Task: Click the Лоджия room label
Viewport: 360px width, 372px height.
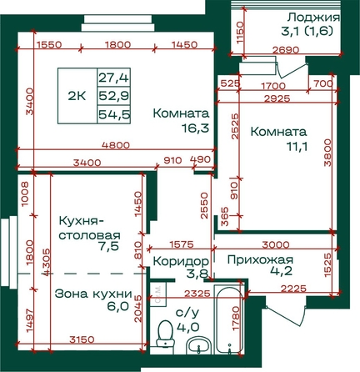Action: pos(313,18)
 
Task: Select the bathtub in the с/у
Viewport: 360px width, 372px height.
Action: pos(229,319)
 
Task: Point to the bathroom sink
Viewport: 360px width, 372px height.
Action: pos(198,345)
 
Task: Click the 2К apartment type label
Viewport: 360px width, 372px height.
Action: pos(77,96)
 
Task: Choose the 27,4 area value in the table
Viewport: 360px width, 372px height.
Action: pos(114,78)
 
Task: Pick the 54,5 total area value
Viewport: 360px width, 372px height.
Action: pos(114,114)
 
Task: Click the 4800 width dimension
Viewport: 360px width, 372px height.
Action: pos(116,145)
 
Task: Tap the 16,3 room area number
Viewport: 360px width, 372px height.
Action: pos(195,128)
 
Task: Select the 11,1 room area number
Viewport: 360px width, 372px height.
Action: pos(297,146)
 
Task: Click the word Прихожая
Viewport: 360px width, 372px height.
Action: pos(260,260)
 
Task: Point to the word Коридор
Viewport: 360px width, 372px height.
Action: pos(181,261)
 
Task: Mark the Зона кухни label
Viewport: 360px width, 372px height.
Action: pos(93,294)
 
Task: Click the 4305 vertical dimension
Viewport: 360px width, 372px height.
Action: pos(47,262)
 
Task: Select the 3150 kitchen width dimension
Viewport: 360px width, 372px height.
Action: pos(82,339)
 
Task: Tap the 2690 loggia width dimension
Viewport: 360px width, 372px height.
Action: pos(286,50)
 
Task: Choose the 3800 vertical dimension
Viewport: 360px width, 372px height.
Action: pos(328,153)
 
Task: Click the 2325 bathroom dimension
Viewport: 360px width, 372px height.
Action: pos(197,293)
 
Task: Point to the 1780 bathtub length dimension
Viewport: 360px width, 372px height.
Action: pos(236,319)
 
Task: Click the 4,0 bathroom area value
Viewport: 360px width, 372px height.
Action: pos(188,327)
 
